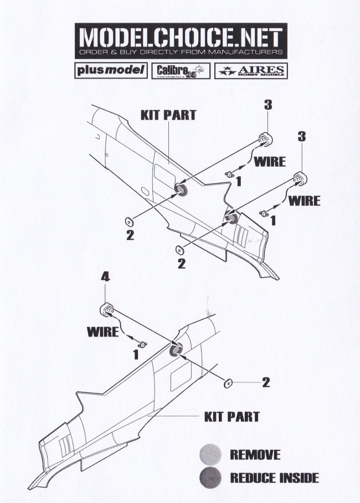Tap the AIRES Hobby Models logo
click(x=253, y=71)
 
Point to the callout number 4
click(x=105, y=278)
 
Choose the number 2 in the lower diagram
click(x=265, y=382)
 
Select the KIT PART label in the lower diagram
click(x=232, y=416)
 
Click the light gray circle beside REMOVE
click(x=211, y=455)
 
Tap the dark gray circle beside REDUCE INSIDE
click(x=211, y=476)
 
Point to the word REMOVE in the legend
click(x=255, y=455)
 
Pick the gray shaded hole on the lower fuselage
click(x=177, y=350)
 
